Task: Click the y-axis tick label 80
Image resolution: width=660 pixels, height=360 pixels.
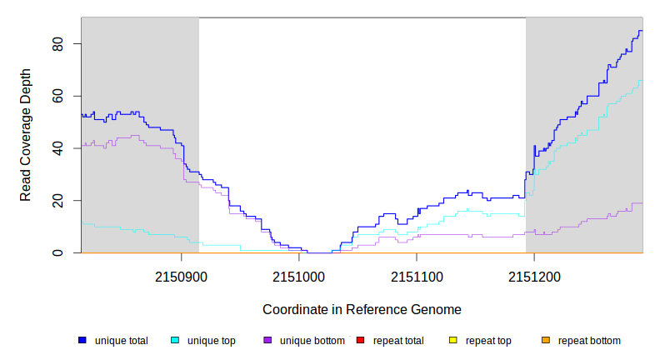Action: coord(57,43)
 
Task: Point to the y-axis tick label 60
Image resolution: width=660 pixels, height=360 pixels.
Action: coord(57,96)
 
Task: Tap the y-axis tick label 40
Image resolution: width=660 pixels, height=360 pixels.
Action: coord(57,148)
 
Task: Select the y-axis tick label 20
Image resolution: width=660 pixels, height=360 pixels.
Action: coord(57,200)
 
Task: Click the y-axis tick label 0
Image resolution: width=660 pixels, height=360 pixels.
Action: coord(57,252)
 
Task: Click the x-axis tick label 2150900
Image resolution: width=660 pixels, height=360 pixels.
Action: coord(182,275)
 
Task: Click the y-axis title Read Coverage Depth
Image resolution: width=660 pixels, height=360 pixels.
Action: coord(26,136)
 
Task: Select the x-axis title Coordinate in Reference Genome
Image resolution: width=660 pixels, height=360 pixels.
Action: coord(362,309)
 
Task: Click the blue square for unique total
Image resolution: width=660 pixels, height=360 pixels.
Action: coord(82,340)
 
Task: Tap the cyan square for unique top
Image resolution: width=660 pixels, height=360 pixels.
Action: coord(175,340)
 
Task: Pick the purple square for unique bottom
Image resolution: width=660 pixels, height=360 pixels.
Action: coord(267,340)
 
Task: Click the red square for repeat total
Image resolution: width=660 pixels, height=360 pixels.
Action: coord(360,340)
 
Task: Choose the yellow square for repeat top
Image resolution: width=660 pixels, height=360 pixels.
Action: coord(453,340)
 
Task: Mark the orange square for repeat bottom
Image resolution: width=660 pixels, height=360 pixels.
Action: coord(546,340)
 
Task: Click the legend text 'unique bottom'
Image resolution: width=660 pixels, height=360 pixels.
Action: coord(311,340)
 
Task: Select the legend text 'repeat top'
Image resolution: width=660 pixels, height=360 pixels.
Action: coord(488,340)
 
